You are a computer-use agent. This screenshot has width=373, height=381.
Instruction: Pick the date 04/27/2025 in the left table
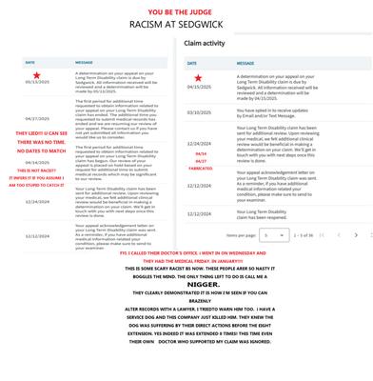point(37,118)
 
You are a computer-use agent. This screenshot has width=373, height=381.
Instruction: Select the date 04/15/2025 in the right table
point(199,87)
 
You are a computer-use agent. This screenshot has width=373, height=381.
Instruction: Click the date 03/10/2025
point(199,112)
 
